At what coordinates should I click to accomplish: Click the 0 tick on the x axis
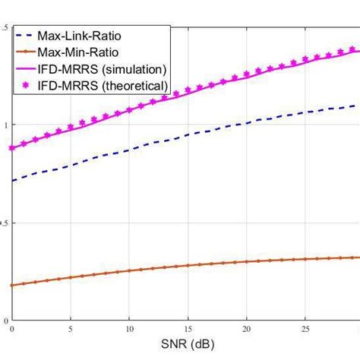pos(12,329)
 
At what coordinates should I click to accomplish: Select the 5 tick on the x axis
pos(70,329)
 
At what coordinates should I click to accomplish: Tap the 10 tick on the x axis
pos(129,329)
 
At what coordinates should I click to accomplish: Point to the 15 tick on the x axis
pos(188,329)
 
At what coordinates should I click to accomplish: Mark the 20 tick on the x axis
pos(247,329)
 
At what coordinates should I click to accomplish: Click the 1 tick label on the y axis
pos(5,125)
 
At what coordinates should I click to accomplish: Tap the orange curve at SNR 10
pos(129,271)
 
